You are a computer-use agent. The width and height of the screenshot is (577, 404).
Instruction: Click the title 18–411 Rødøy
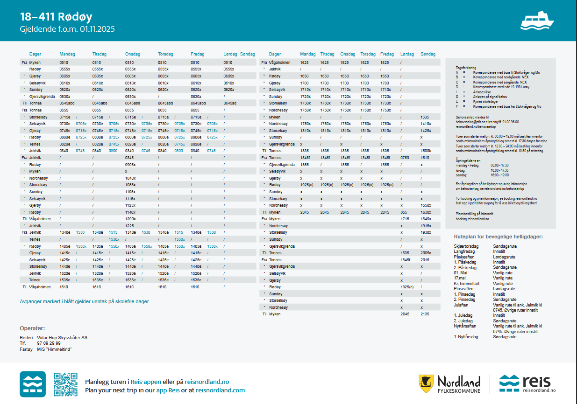(x=56, y=17)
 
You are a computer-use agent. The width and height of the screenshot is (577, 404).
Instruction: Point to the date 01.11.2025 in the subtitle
(x=97, y=29)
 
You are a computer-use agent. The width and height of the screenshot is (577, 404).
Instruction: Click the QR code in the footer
(x=65, y=384)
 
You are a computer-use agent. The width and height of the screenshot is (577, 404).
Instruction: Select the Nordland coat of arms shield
(x=425, y=383)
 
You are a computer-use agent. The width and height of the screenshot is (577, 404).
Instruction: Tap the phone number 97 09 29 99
(x=49, y=343)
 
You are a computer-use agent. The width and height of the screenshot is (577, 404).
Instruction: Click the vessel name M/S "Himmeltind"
(x=55, y=349)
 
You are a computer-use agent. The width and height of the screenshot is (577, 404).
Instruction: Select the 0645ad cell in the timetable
(x=230, y=103)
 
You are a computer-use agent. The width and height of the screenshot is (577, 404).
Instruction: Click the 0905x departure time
(x=130, y=165)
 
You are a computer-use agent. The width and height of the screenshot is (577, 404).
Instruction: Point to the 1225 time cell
(x=129, y=226)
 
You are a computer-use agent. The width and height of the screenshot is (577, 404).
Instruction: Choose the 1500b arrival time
(x=426, y=151)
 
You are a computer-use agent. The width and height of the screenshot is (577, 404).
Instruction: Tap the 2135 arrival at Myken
(x=425, y=314)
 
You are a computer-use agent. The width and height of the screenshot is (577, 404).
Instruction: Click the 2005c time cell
(x=426, y=253)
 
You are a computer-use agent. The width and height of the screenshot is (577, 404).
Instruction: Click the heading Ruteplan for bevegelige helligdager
(x=498, y=237)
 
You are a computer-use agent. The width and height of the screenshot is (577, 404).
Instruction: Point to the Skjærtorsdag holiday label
(x=466, y=245)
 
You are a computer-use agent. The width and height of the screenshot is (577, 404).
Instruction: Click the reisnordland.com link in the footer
(x=220, y=390)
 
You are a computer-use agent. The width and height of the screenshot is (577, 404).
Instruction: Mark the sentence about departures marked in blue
(x=85, y=301)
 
